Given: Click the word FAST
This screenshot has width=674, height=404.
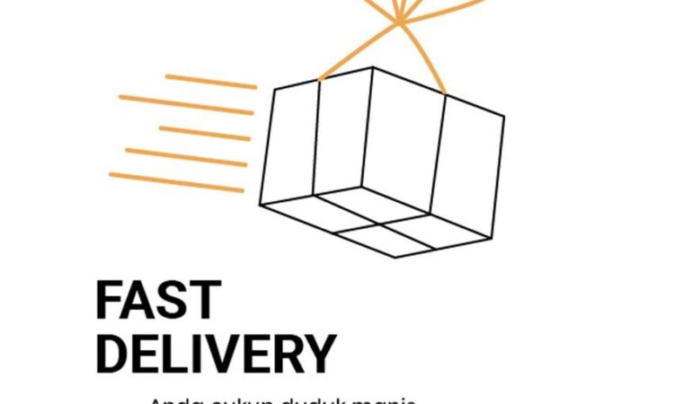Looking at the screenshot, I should [157, 301].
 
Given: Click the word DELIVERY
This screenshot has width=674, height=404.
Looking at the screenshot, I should [216, 354].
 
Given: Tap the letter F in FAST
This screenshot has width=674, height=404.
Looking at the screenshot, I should [109, 301].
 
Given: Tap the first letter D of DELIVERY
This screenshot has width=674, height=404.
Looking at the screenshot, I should [112, 354].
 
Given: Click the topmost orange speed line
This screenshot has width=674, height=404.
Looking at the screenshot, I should [210, 81].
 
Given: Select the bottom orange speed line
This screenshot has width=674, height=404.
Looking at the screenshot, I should [175, 182].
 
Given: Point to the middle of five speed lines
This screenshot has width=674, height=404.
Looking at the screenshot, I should [204, 134].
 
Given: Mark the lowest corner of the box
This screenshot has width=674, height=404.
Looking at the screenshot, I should [395, 258].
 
